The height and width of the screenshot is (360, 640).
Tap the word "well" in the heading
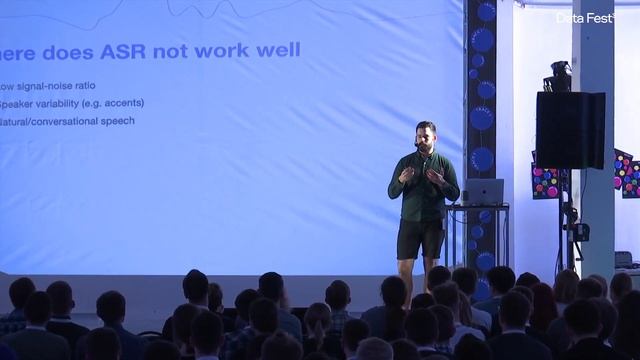(x=279, y=50)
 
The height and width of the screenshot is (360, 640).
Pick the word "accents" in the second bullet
(x=123, y=103)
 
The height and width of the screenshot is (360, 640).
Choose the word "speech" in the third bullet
(x=112, y=121)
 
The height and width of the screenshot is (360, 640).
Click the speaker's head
(x=425, y=135)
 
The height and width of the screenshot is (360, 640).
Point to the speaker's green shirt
(x=423, y=190)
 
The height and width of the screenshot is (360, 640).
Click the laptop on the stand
(x=484, y=192)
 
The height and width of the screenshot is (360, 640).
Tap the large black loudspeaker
(x=570, y=130)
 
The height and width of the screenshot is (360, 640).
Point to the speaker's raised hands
(x=422, y=174)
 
